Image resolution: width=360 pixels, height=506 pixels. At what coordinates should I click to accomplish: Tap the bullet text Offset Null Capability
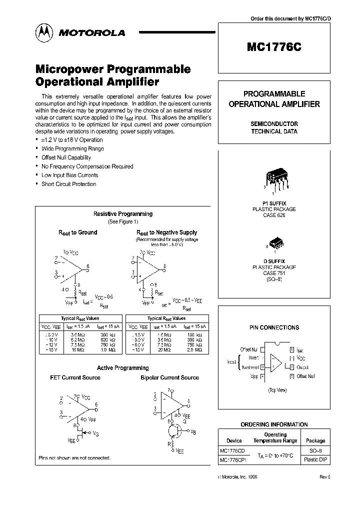pyautogui.click(x=66, y=157)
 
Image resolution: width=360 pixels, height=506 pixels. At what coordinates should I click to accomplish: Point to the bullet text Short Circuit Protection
pyautogui.click(x=68, y=184)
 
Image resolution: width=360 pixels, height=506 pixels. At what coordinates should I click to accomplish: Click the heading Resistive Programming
pyautogui.click(x=123, y=214)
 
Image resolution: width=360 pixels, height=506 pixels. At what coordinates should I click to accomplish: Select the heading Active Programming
pyautogui.click(x=122, y=368)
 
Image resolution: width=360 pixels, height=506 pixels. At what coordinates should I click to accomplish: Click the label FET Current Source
pyautogui.click(x=75, y=377)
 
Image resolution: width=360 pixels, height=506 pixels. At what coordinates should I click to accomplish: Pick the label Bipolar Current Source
pyautogui.click(x=169, y=377)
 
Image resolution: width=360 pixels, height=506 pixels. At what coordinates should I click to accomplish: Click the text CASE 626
pyautogui.click(x=274, y=215)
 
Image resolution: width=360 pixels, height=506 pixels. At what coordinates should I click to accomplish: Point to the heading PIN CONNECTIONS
pyautogui.click(x=274, y=327)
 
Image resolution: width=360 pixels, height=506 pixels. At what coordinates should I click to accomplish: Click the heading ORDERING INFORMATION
pyautogui.click(x=274, y=424)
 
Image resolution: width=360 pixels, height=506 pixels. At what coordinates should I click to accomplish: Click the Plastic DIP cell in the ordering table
pyautogui.click(x=315, y=459)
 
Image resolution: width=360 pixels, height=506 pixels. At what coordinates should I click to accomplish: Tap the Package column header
pyautogui.click(x=315, y=440)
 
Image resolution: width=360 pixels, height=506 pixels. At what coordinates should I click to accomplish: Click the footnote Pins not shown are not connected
pyautogui.click(x=74, y=458)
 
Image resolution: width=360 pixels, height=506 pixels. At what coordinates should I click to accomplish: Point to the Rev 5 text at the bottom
pyautogui.click(x=325, y=477)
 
